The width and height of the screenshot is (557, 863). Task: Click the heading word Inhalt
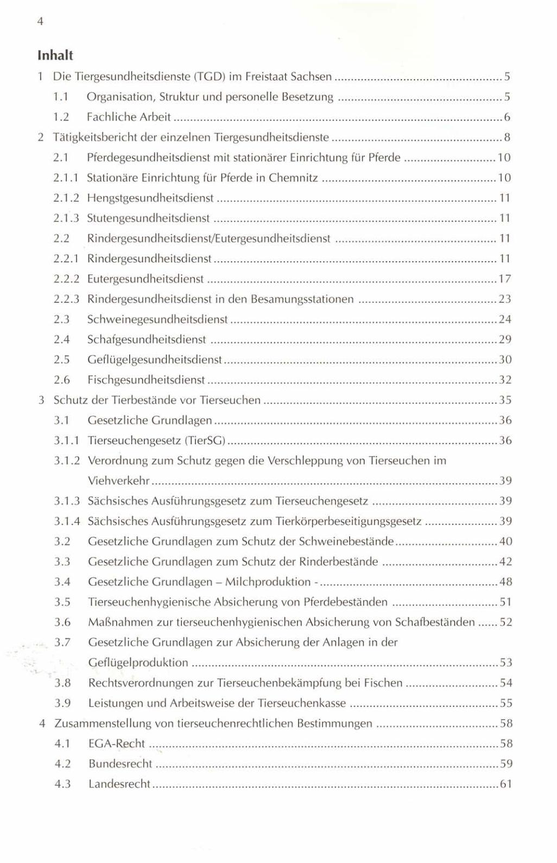pos(55,55)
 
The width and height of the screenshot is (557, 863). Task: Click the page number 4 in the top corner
pos(40,22)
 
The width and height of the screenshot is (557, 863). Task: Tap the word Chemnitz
pos(293,177)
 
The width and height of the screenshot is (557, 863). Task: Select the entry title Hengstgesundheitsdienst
pos(150,198)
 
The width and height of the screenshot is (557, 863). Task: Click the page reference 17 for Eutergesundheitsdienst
pos(505,279)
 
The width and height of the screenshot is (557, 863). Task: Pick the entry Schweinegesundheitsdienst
pos(157,319)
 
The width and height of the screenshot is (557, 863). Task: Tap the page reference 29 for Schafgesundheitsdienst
pos(505,340)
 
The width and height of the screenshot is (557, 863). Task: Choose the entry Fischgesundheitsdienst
pos(146,380)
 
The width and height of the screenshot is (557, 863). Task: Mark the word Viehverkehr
pos(119,481)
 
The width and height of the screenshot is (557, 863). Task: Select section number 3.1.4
pos(67,521)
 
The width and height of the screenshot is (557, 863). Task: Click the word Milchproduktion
pos(268,582)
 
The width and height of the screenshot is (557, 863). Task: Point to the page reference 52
pos(506,622)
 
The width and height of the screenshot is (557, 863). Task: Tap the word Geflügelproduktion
pos(138,663)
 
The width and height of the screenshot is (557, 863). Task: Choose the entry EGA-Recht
pos(117,744)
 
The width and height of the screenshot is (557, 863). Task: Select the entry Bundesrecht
pos(121,764)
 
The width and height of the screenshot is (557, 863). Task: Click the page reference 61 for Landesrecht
pos(506,784)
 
